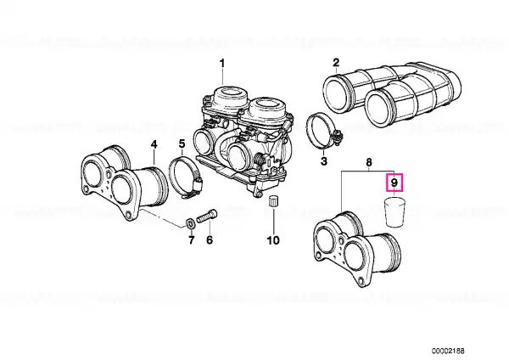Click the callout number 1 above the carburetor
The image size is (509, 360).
point(222,63)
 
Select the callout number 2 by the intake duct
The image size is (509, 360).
point(336,62)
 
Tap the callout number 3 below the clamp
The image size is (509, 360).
point(324,160)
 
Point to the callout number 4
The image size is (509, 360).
point(154,144)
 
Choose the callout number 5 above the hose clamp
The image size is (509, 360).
point(182,143)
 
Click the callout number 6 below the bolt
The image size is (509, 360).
point(210,240)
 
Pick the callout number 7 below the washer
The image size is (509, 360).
point(191,240)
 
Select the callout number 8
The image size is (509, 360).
point(369,162)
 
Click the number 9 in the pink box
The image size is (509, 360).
point(394,183)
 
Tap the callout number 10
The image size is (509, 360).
point(273,240)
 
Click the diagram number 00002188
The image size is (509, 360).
point(448,351)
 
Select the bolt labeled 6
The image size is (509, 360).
point(206,216)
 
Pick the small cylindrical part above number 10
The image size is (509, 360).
point(274,201)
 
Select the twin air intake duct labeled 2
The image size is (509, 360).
point(392,93)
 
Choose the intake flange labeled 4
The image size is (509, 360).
point(124,183)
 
